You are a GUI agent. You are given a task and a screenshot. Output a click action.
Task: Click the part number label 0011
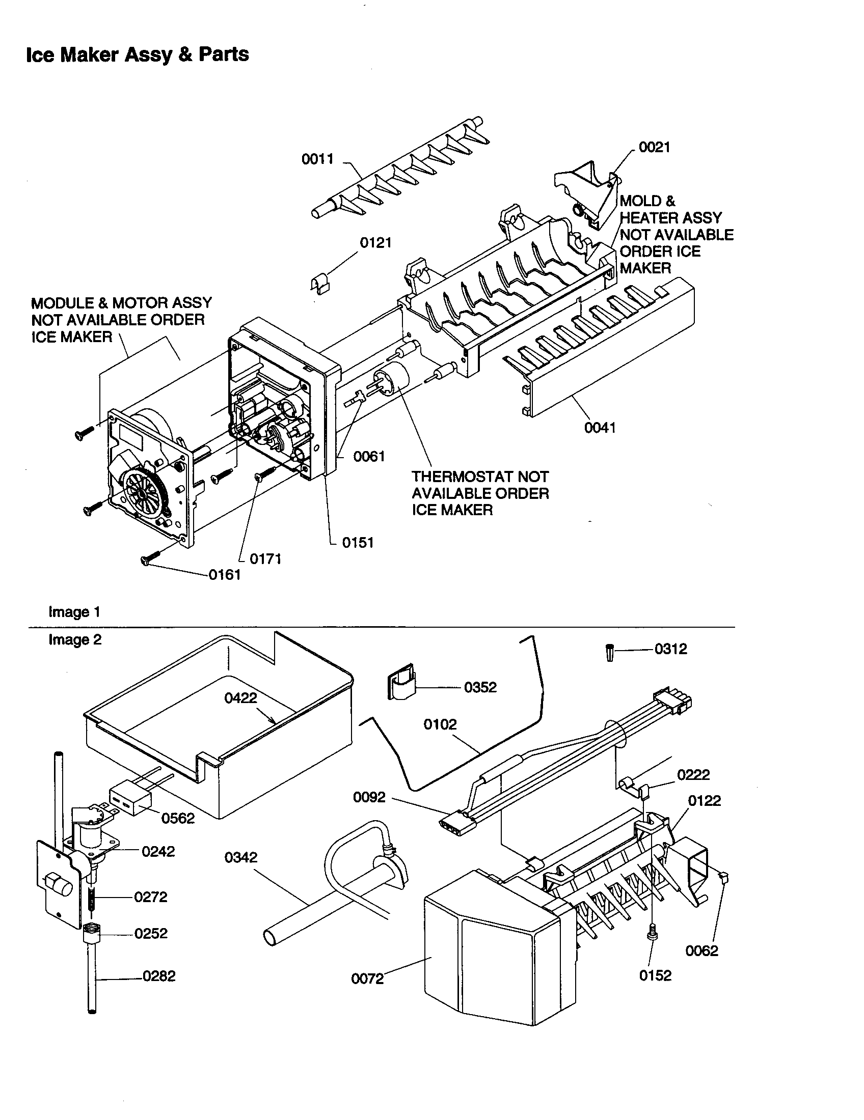(317, 159)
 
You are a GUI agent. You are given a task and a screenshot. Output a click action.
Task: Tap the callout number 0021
(654, 148)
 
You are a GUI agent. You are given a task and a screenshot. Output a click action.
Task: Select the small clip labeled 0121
(320, 284)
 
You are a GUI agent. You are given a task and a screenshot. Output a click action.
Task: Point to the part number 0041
(600, 428)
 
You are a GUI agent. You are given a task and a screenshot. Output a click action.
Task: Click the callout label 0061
(369, 457)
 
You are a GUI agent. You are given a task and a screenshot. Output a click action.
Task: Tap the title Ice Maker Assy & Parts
(138, 54)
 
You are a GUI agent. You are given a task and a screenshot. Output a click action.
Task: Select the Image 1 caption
(74, 612)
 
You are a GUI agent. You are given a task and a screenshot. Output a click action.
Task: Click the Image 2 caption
(75, 639)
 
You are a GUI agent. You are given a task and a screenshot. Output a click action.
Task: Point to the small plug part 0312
(609, 653)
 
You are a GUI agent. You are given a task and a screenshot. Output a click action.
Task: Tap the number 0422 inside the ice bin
(240, 698)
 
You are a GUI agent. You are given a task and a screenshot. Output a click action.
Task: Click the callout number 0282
(159, 976)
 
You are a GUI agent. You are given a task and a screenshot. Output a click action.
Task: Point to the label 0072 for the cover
(367, 979)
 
